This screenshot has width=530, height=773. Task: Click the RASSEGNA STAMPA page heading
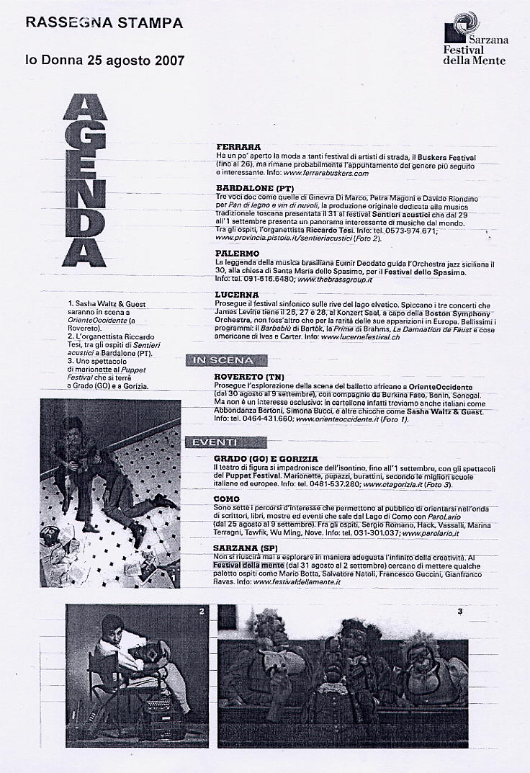pos(104,23)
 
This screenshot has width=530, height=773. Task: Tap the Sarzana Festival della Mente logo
pos(475,39)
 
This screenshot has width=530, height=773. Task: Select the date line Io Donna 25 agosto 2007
pos(105,61)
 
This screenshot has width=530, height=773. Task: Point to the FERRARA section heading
pos(238,147)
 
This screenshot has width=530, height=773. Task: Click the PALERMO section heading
pos(237,254)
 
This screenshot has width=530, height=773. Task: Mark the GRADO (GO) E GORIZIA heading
pos(266,458)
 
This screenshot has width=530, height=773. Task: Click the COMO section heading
pos(228,499)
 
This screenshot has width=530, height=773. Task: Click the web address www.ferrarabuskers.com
pos(320,174)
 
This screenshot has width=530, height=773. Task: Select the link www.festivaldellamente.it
pos(297,581)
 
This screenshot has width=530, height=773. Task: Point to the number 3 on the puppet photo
pos(459,612)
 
